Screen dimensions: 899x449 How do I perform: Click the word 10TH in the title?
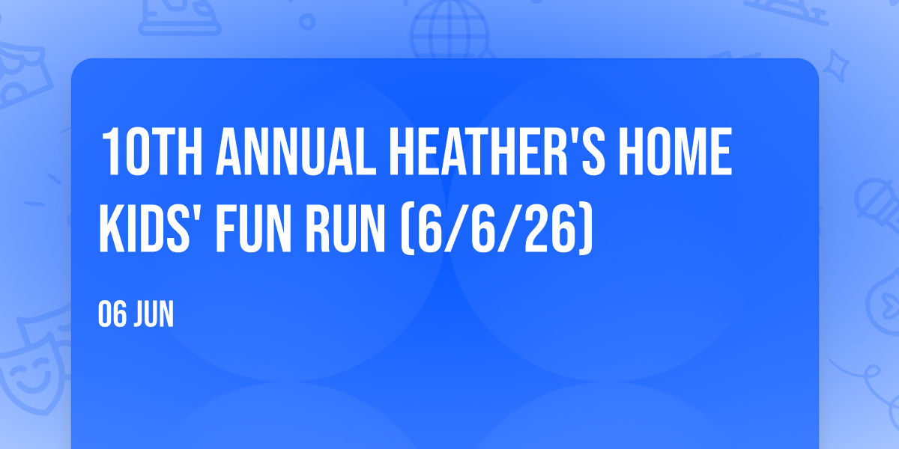(151, 151)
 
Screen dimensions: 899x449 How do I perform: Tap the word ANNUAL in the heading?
(296, 151)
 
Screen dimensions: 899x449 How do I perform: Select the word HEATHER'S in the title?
(497, 151)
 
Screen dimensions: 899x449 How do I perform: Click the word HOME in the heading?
(676, 151)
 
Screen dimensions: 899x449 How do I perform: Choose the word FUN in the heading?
(253, 228)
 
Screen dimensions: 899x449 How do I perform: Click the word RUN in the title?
(345, 228)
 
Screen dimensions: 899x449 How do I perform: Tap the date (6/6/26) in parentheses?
(497, 228)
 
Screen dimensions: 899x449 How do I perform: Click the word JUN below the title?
(154, 314)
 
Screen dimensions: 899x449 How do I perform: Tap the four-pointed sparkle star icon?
(835, 66)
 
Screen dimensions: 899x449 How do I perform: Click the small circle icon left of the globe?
(307, 22)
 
